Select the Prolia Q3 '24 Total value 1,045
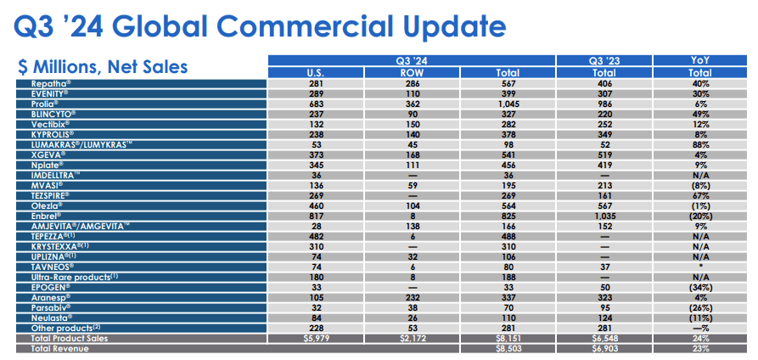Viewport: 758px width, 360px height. point(507,104)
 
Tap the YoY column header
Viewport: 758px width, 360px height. point(700,60)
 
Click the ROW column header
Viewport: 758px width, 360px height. point(411,73)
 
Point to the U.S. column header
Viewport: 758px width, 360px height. point(315,73)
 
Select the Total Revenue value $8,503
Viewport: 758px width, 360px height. point(507,347)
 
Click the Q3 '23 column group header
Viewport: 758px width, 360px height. point(603,60)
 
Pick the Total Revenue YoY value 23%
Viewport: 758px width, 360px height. point(700,347)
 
